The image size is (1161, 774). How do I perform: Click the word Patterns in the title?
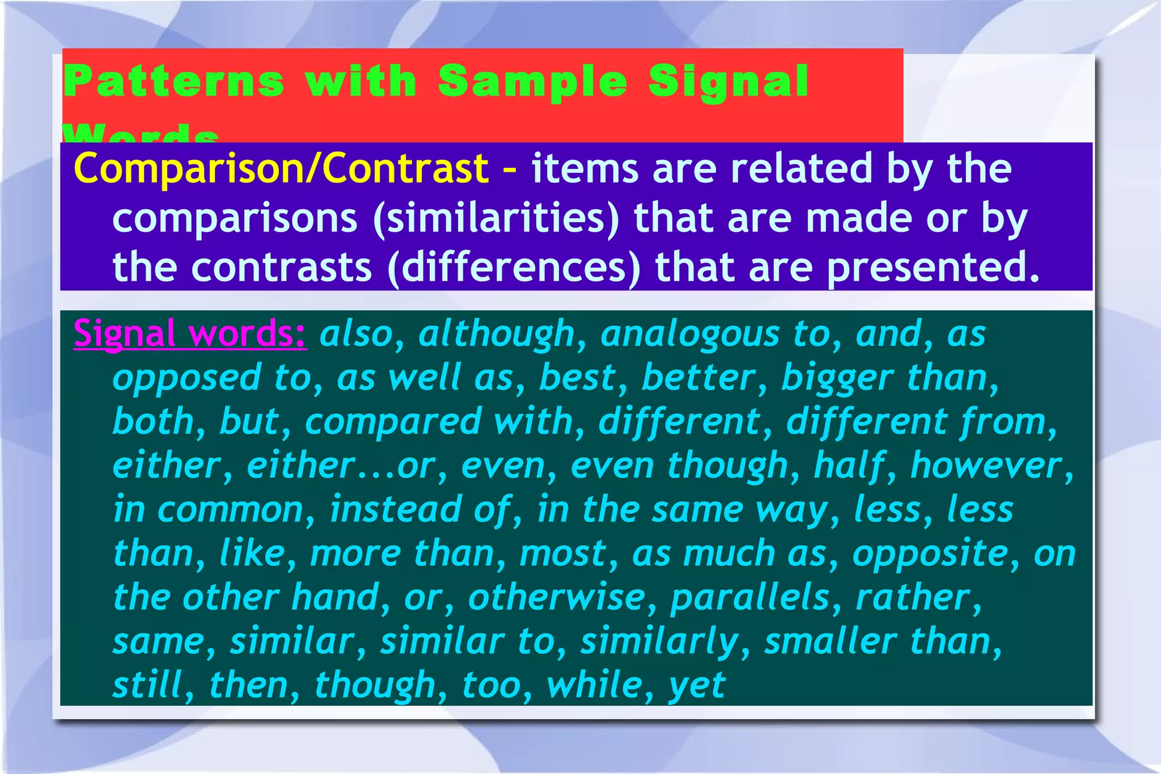click(173, 81)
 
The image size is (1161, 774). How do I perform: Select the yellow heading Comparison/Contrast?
click(281, 168)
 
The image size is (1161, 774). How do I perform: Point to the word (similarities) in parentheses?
click(497, 218)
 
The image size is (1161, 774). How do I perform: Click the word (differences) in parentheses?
click(514, 267)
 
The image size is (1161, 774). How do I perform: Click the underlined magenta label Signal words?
click(190, 333)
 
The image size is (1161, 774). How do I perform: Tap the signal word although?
click(497, 333)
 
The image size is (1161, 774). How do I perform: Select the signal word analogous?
click(689, 333)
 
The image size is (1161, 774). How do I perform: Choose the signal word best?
click(577, 377)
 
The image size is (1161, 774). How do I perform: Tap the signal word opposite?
click(930, 553)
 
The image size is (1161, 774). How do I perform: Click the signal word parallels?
click(749, 597)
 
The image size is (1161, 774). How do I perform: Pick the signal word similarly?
click(659, 641)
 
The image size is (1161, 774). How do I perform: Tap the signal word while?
click(594, 684)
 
